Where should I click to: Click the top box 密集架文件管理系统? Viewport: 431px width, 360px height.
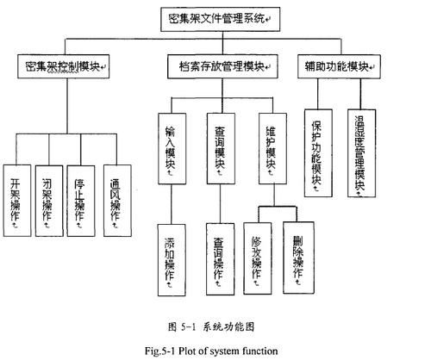[x=217, y=16]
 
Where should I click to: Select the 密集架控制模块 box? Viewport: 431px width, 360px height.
[x=66, y=66]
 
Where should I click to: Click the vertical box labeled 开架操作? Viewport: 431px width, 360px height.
[x=16, y=200]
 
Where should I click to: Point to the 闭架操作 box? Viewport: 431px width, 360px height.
[x=48, y=200]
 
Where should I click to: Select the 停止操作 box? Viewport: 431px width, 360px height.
[x=80, y=200]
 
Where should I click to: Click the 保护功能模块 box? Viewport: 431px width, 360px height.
[x=317, y=150]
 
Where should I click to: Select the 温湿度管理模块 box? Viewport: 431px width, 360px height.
[x=359, y=150]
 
